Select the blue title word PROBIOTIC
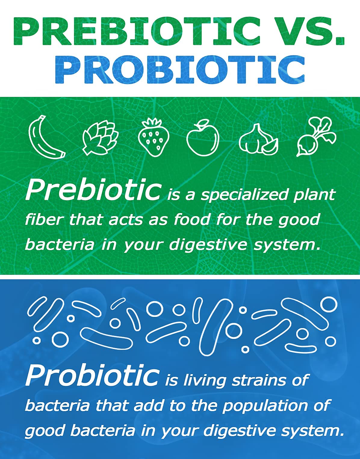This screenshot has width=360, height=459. click(x=180, y=69)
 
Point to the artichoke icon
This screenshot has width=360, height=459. click(x=100, y=138)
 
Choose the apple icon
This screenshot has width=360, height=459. click(x=203, y=138)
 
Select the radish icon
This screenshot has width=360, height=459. click(x=315, y=137)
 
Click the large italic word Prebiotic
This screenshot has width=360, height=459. click(x=93, y=191)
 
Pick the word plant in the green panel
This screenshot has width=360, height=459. click(x=314, y=195)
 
